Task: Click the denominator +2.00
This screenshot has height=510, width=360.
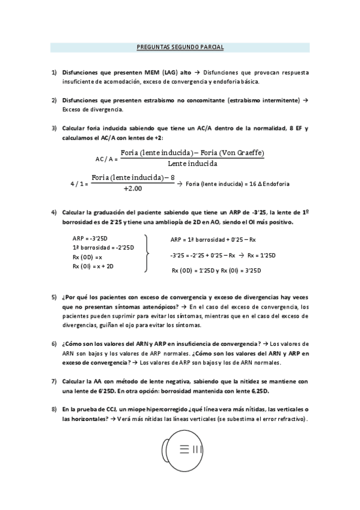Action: [x=132, y=188]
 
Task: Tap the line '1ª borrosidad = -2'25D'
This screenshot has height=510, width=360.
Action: [x=103, y=247]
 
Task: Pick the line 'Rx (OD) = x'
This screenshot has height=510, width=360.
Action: [x=88, y=257]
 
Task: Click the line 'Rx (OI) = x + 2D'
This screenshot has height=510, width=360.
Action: [x=93, y=266]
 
